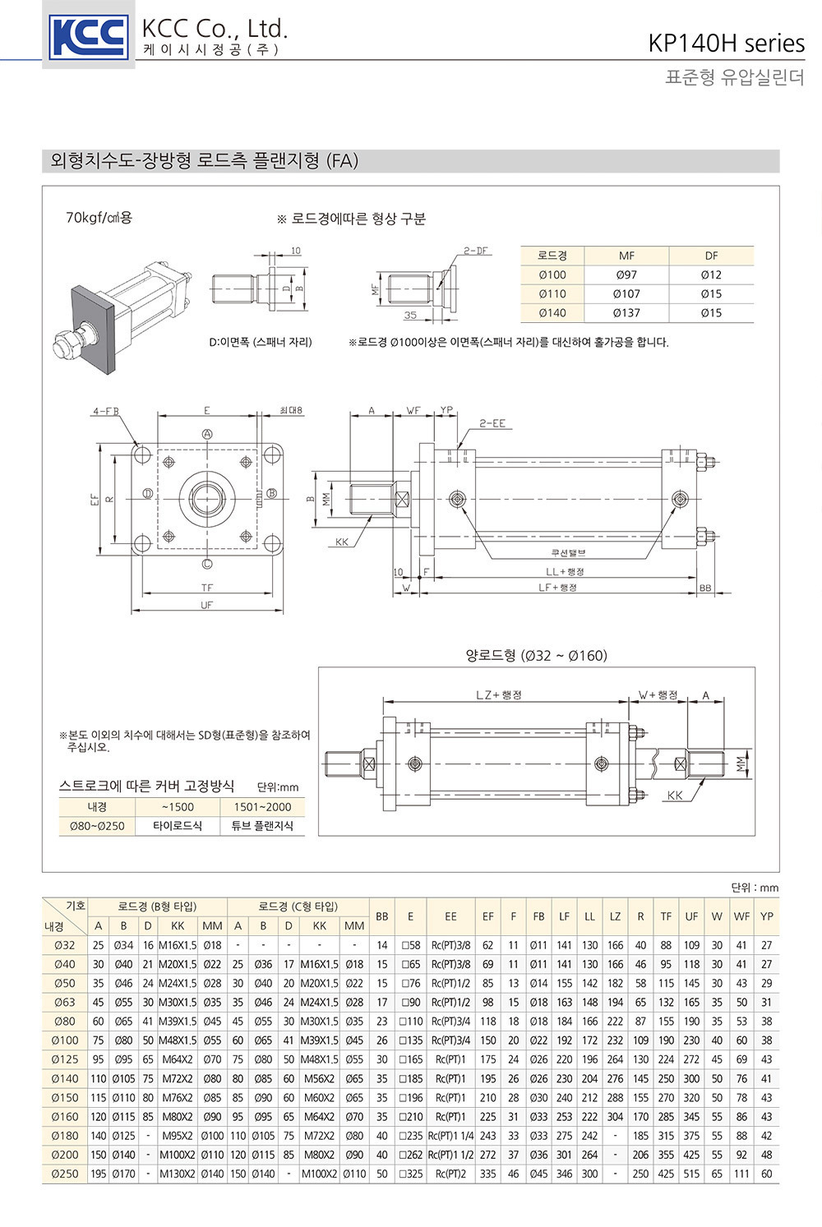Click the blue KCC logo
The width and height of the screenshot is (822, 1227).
tap(88, 37)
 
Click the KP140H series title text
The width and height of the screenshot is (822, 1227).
tap(726, 44)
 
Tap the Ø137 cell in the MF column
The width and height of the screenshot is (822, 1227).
tap(626, 313)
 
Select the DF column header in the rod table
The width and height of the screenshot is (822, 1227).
tap(711, 256)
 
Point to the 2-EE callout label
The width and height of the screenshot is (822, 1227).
tap(492, 423)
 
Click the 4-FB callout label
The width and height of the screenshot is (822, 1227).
tap(105, 411)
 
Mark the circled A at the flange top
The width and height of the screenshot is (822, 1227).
tap(207, 434)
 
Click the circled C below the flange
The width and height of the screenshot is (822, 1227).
tap(207, 563)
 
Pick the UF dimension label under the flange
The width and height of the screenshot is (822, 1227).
tap(206, 605)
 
